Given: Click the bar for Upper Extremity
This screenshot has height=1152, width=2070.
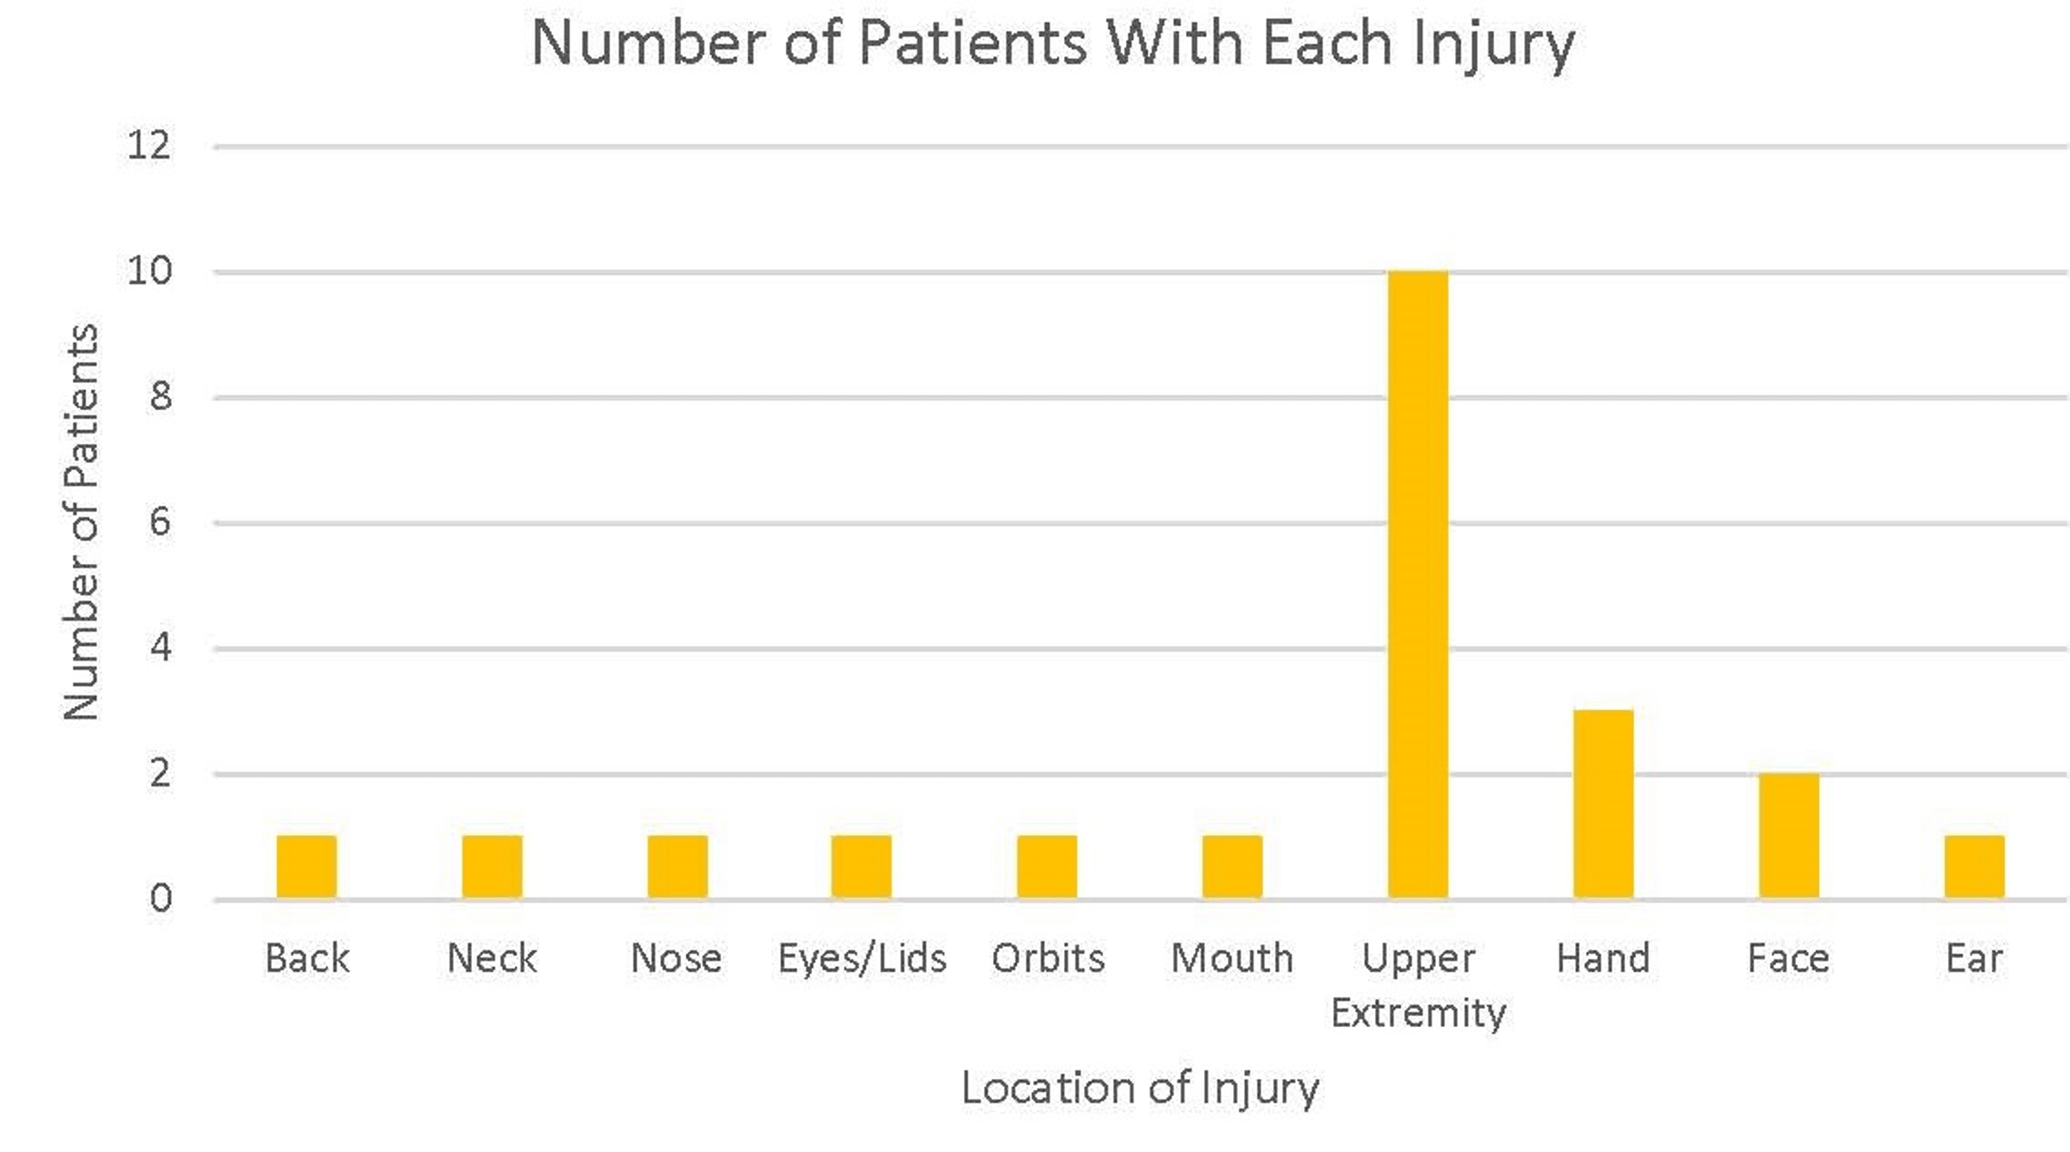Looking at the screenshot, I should (1419, 585).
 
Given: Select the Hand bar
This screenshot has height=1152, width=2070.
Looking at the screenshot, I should (1603, 803).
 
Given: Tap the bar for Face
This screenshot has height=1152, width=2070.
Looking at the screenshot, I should (1788, 835).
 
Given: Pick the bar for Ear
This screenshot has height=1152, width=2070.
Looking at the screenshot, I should (1974, 867).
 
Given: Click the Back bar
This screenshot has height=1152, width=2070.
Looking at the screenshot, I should (306, 867).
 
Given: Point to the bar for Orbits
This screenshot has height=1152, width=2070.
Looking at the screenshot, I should (1047, 867).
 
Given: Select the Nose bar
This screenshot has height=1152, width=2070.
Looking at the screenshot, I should (678, 867).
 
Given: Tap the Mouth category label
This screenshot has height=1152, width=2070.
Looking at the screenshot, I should (1232, 958).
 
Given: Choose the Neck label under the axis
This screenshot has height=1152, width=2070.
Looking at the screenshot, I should (492, 958).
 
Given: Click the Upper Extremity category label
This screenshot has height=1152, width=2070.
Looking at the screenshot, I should (1419, 985).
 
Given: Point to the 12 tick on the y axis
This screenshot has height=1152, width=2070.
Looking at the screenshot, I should (150, 146).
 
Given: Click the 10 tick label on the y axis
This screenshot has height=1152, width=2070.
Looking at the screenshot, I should (150, 272).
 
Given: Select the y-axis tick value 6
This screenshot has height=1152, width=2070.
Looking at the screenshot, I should (160, 523).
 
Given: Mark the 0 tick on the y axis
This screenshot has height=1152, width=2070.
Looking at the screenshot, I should (160, 899).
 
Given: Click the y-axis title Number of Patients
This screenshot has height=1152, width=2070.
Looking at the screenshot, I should (81, 523).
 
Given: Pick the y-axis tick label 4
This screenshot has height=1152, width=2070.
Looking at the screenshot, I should (160, 648).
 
